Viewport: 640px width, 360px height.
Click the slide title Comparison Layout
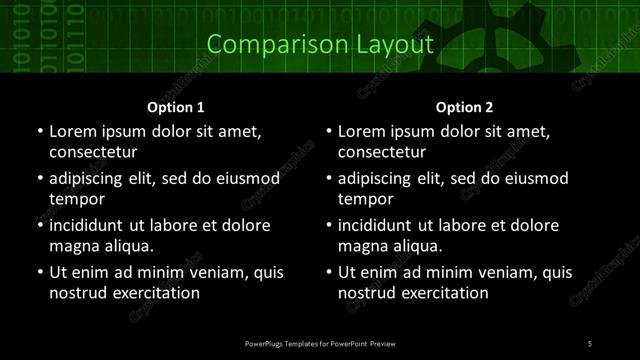(x=320, y=45)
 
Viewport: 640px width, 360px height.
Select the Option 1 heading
(x=176, y=107)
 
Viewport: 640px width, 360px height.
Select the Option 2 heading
(x=464, y=107)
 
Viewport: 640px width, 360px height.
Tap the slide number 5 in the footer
(x=589, y=344)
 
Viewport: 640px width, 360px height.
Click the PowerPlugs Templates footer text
(x=320, y=344)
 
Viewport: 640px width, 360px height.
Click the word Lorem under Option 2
(x=361, y=132)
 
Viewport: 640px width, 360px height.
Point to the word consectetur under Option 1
(x=93, y=153)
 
